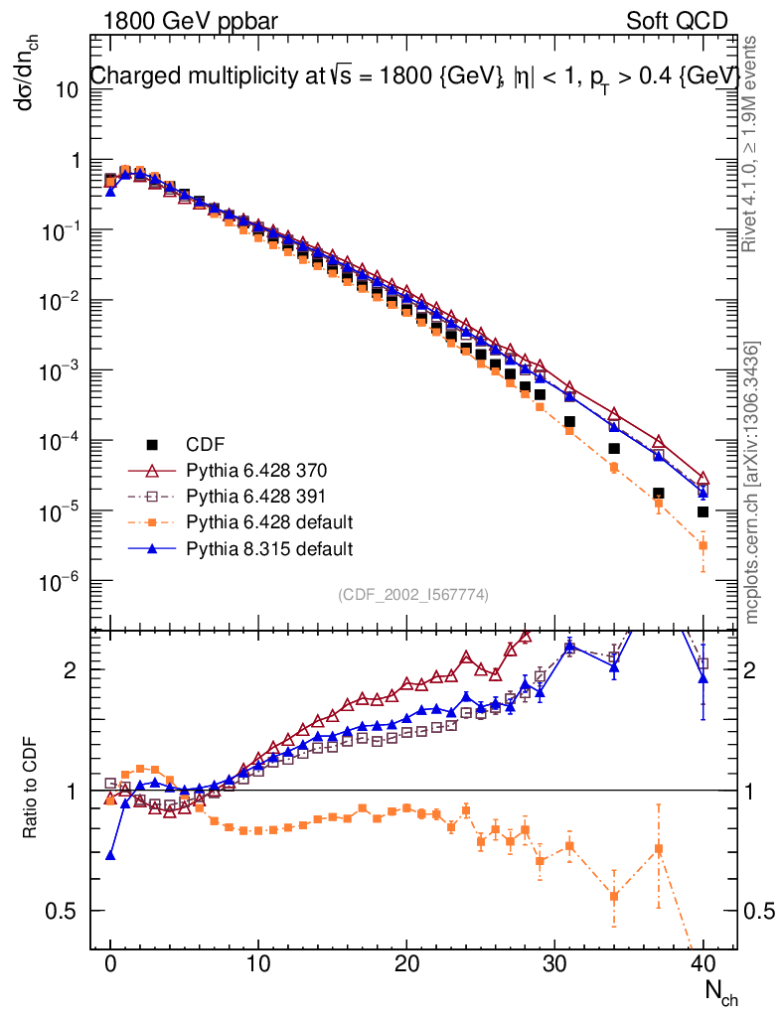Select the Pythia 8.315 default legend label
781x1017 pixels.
[x=269, y=547]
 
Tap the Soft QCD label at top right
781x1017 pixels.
[x=677, y=21]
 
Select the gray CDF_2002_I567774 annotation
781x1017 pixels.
[x=412, y=594]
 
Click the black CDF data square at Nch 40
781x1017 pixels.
[x=703, y=511]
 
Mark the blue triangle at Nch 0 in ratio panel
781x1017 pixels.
[x=110, y=854]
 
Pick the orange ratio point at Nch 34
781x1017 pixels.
[x=614, y=896]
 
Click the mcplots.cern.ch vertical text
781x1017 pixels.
[x=753, y=483]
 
